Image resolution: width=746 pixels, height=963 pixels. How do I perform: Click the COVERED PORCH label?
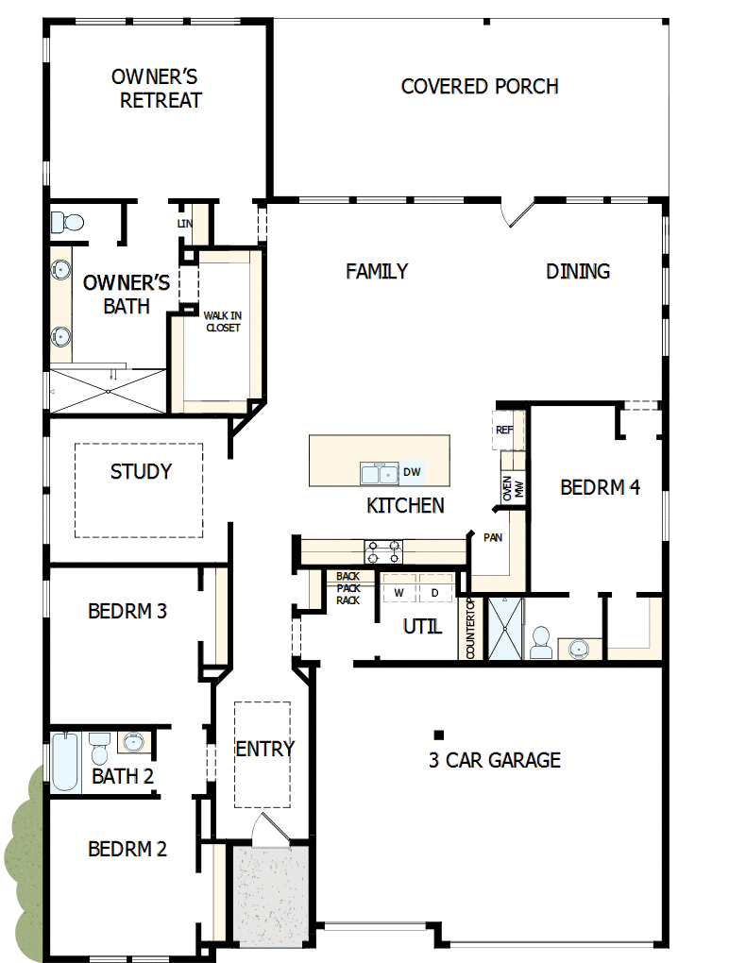[480, 87]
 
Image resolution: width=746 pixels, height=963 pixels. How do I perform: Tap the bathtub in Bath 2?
[66, 762]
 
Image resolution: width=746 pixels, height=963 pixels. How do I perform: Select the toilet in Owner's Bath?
[67, 223]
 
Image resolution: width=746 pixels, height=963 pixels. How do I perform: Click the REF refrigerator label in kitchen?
[503, 430]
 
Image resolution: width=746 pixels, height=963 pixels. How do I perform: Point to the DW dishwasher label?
[412, 472]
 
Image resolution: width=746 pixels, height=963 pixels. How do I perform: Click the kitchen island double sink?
[380, 473]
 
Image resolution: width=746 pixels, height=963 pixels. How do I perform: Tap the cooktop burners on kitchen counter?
[383, 551]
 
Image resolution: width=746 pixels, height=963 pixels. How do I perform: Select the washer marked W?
[398, 592]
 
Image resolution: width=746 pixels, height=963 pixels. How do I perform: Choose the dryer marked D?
[435, 592]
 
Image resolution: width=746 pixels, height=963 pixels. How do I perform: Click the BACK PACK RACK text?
[348, 588]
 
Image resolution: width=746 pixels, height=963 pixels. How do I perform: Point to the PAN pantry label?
[492, 537]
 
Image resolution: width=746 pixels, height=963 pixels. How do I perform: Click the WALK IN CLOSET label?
[222, 321]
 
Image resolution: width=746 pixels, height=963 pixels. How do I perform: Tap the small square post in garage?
[439, 735]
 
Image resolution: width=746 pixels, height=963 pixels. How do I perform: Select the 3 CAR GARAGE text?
[494, 760]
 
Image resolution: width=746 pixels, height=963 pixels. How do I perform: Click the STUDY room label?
[141, 472]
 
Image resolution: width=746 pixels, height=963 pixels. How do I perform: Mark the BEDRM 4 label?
[600, 488]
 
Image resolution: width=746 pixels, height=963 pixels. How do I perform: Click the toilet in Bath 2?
[100, 750]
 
